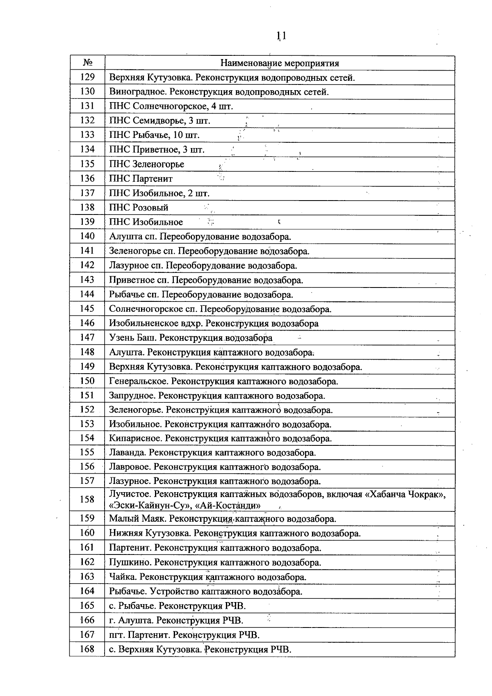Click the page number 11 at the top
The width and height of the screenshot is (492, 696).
pyautogui.click(x=281, y=36)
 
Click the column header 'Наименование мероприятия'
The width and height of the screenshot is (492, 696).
pyautogui.click(x=280, y=63)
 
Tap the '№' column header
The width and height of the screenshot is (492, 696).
pyautogui.click(x=87, y=63)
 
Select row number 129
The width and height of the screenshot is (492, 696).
pyautogui.click(x=87, y=77)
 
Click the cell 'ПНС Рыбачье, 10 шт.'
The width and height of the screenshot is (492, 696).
pyautogui.click(x=154, y=135)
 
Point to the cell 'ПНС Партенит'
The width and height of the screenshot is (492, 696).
pyautogui.click(x=141, y=178)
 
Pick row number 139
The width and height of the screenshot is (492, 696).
pyautogui.click(x=87, y=222)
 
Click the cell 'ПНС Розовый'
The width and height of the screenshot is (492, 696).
pyautogui.click(x=139, y=208)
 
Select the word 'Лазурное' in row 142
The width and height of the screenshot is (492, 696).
pyautogui.click(x=129, y=265)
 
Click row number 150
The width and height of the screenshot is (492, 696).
pyautogui.click(x=87, y=381)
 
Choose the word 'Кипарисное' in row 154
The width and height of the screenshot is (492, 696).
pyautogui.click(x=135, y=438)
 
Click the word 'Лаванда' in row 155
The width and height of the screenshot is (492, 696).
pyautogui.click(x=127, y=453)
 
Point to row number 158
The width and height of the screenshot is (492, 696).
pyautogui.click(x=87, y=499)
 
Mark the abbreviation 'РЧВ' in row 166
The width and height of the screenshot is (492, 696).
pyautogui.click(x=232, y=621)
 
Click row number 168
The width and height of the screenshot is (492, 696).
pyautogui.click(x=87, y=649)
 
